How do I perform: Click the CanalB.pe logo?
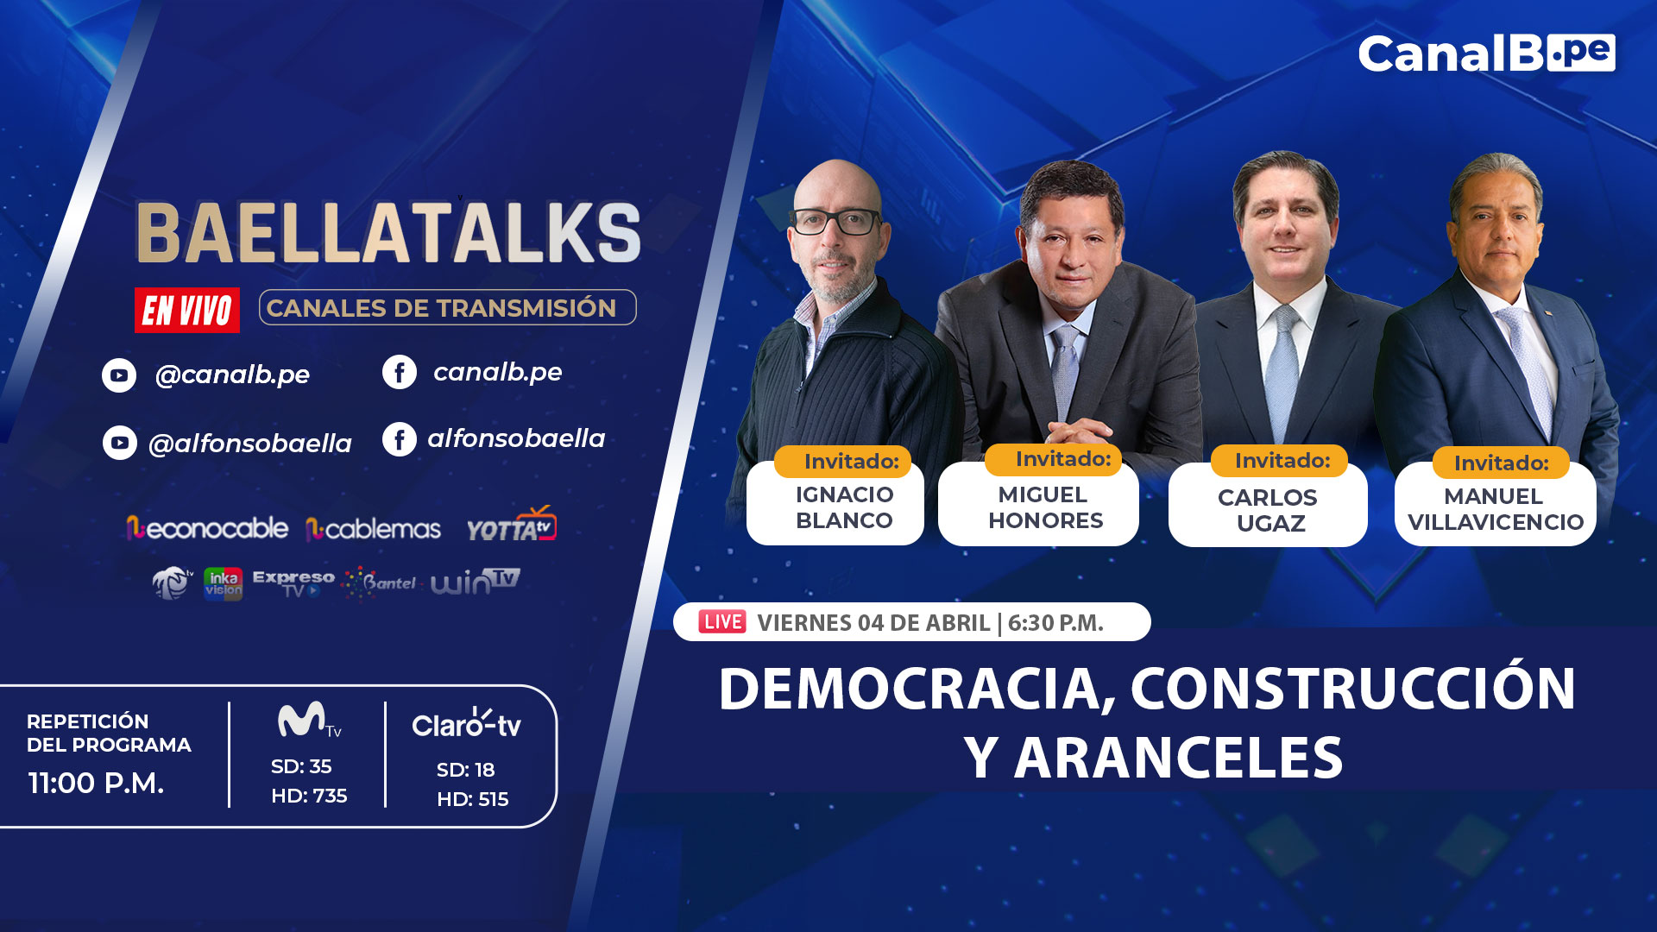coord(1486,54)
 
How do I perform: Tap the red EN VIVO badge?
coord(187,310)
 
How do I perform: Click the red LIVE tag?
coord(722,621)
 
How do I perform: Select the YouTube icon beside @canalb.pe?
coord(119,375)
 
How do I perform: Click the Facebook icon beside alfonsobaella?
coord(400,439)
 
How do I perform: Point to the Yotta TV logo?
coord(512,525)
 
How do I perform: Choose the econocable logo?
coord(207,528)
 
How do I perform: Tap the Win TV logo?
coord(476,582)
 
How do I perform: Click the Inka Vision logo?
coord(223,583)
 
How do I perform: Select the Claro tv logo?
coord(467,723)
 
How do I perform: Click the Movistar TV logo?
coord(309,720)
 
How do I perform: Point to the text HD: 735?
coord(309,796)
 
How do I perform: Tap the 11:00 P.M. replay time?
coord(96,783)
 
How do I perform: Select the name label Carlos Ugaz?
coord(1268,510)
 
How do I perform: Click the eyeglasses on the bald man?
coord(835,222)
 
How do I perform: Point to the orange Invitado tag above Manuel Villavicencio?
coord(1501,463)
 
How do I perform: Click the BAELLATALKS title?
coord(388,233)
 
